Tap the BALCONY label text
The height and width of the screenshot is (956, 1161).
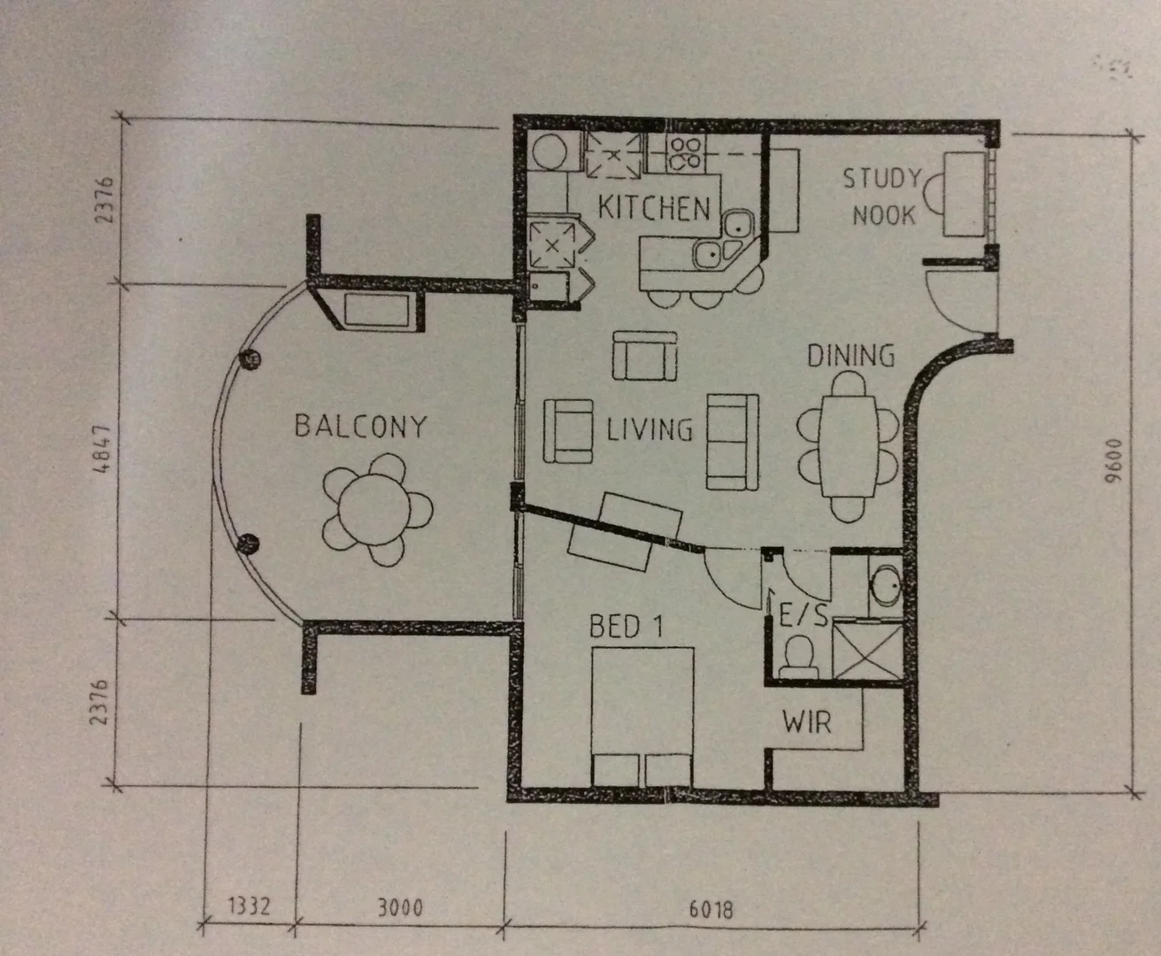pos(360,427)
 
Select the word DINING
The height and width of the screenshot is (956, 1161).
pos(850,356)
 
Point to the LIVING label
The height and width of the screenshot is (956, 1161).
pos(650,430)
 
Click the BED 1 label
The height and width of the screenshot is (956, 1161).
pos(626,627)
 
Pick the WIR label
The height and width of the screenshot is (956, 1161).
pos(807,722)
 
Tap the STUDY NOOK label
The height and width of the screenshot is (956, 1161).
pos(882,197)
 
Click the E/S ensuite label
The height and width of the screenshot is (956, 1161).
pos(803,614)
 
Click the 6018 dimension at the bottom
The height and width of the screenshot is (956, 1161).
pos(711,909)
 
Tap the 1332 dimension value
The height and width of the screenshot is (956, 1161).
pos(249,907)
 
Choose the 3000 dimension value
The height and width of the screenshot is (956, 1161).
pos(399,908)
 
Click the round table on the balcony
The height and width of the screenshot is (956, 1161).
pos(377,510)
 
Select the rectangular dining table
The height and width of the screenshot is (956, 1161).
pos(850,447)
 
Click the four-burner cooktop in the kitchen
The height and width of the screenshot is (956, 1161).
pos(685,154)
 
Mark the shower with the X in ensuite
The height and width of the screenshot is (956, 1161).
pos(868,651)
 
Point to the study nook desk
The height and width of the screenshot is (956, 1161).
pos(964,194)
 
